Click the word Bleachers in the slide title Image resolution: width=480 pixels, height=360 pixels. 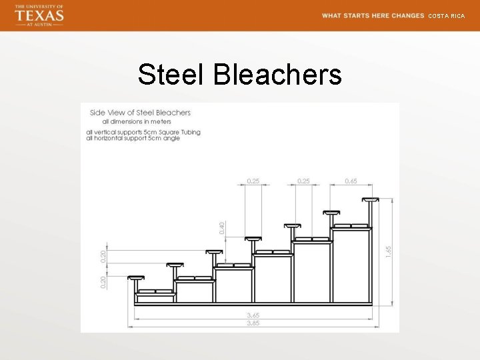click(x=277, y=75)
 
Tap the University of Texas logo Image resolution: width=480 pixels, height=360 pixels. click(x=39, y=15)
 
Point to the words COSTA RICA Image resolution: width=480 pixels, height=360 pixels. click(x=446, y=15)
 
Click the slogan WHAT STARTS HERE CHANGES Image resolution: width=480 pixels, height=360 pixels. click(x=373, y=15)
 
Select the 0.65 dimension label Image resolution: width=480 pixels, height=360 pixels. click(x=351, y=181)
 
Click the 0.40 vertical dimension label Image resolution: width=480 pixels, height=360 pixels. click(x=223, y=227)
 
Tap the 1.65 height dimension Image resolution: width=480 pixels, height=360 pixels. click(x=388, y=251)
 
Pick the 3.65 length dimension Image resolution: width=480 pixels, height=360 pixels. click(x=253, y=315)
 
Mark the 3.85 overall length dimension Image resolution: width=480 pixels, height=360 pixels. click(x=253, y=323)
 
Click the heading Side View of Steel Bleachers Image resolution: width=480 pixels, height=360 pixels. click(x=140, y=113)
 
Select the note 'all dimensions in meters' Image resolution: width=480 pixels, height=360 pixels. click(x=137, y=121)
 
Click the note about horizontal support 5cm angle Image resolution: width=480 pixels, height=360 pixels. click(x=133, y=138)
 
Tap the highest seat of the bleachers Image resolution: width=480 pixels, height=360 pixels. click(x=370, y=199)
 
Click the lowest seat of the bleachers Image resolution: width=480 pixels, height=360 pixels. click(x=136, y=277)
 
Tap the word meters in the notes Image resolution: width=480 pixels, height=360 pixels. click(x=161, y=121)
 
